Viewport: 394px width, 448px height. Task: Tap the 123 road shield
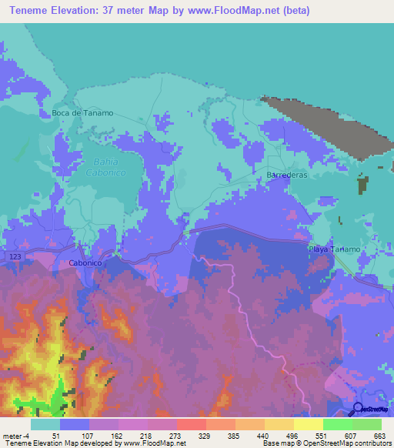15,254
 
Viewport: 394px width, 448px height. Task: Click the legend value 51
55,436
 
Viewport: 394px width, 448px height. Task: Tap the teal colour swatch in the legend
45,424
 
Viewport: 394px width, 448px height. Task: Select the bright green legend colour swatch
337,424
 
